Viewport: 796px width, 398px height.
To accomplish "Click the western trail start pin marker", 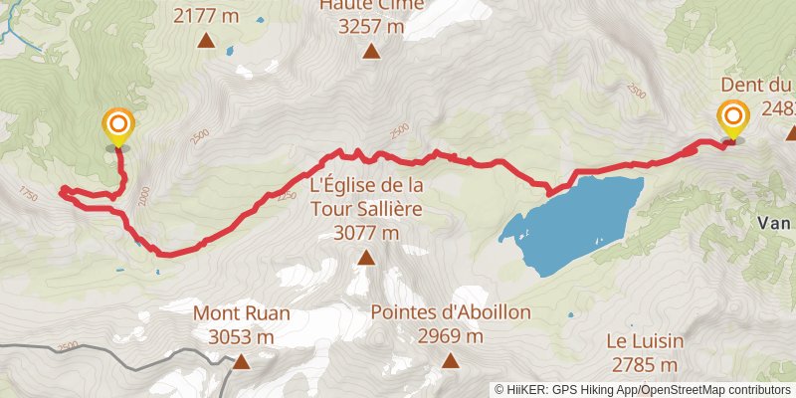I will (117, 125).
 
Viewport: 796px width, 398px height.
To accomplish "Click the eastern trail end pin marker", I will (733, 119).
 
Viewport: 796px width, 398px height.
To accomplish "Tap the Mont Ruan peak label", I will (242, 313).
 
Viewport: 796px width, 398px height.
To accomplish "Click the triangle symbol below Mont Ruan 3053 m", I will (241, 362).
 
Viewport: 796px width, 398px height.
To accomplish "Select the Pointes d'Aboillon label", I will (450, 312).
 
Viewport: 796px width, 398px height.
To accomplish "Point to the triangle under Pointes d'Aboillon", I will (450, 361).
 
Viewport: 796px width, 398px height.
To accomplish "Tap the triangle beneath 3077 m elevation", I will (366, 259).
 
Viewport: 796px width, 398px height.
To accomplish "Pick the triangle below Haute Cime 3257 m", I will (371, 53).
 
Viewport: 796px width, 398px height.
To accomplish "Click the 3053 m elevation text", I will (242, 337).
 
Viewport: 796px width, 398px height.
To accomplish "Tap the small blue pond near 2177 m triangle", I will (230, 50).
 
